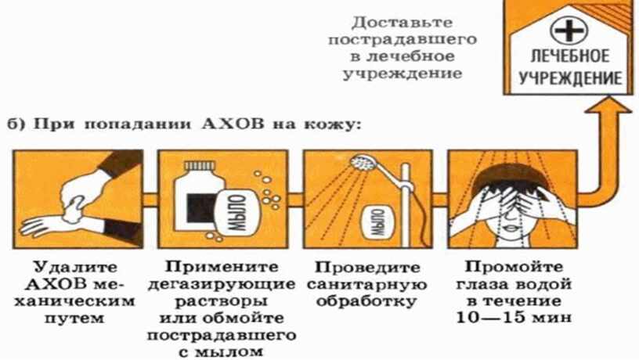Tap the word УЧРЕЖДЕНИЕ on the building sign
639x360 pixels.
click(x=570, y=77)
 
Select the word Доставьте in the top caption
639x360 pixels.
click(x=403, y=23)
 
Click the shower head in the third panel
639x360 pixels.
click(x=365, y=163)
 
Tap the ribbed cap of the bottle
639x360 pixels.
click(x=200, y=166)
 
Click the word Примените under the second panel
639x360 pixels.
click(x=222, y=267)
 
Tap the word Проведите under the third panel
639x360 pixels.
click(x=367, y=268)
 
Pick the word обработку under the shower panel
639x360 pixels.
click(x=367, y=302)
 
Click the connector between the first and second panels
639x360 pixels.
click(x=150, y=199)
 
